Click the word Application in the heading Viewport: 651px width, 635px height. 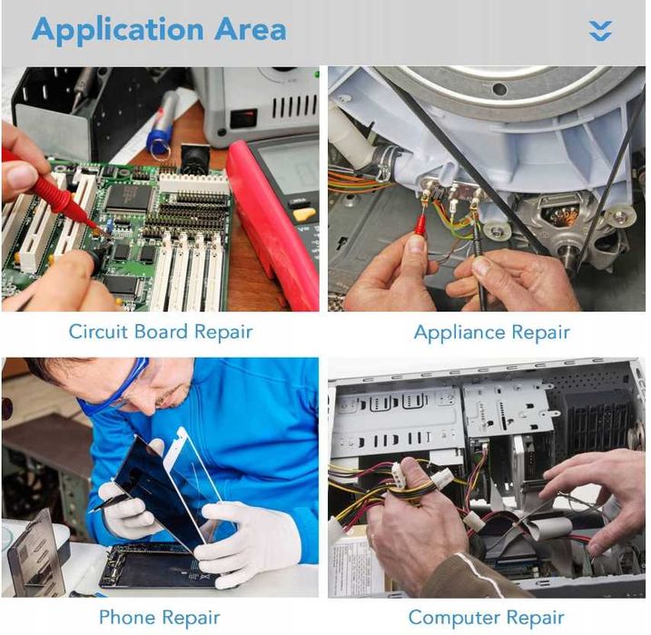117,31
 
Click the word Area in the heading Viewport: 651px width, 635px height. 251,29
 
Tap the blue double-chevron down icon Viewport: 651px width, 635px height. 600,31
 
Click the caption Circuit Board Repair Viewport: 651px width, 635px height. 161,332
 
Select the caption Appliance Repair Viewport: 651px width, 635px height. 491,332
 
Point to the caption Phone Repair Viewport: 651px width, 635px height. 160,618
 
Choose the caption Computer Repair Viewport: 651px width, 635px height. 486,618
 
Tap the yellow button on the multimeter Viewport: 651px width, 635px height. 304,214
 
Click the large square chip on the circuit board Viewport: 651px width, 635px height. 129,196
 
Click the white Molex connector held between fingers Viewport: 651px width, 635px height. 398,477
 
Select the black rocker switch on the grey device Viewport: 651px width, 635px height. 244,119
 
